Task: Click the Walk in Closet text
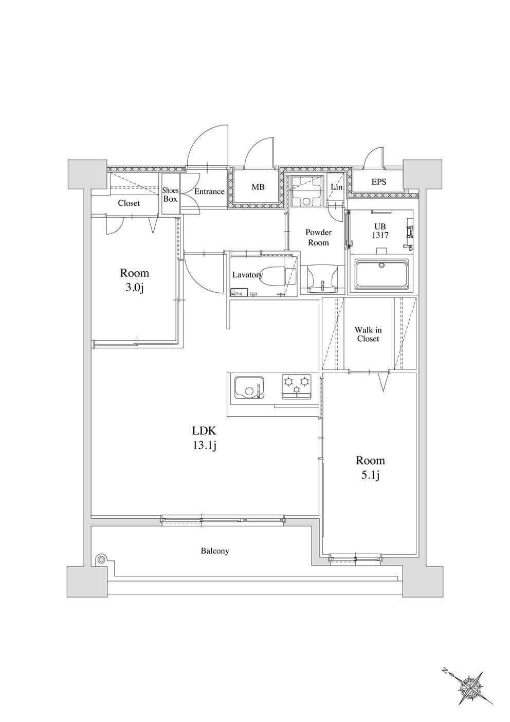click(x=368, y=334)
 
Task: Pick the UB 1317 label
click(x=380, y=231)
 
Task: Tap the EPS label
click(x=378, y=182)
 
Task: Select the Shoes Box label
click(x=170, y=195)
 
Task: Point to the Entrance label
click(x=209, y=191)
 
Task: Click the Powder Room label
click(x=318, y=237)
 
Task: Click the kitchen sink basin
click(x=249, y=388)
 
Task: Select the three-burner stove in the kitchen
click(x=297, y=386)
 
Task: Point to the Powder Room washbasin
click(x=322, y=279)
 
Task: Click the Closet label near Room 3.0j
click(x=129, y=203)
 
